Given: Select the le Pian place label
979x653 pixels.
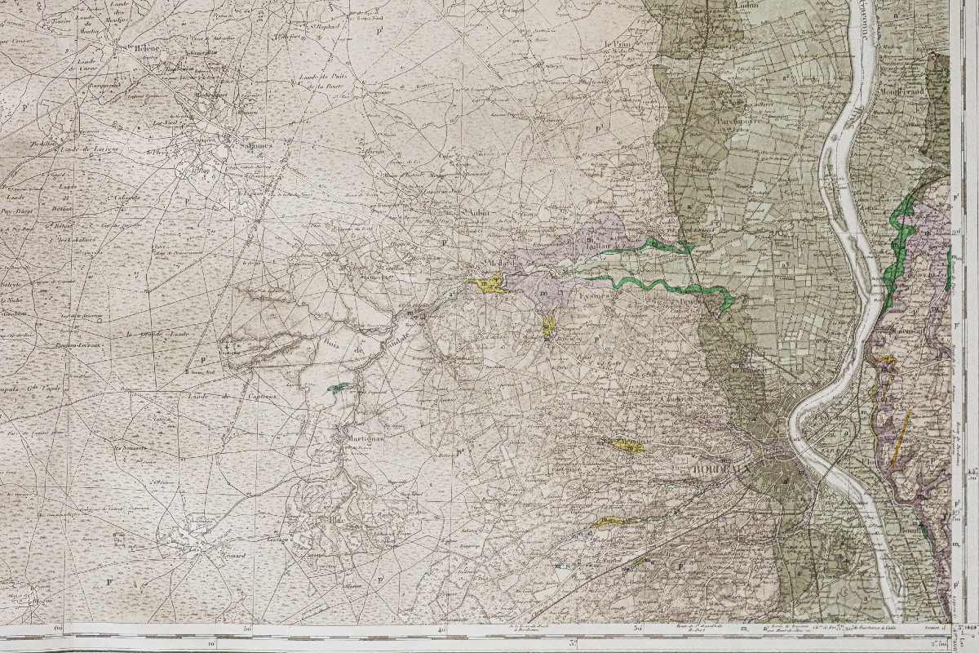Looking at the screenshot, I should [619, 45].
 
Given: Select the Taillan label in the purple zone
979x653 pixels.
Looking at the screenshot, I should [598, 242].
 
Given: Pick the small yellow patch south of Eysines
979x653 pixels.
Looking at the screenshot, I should [549, 328].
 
